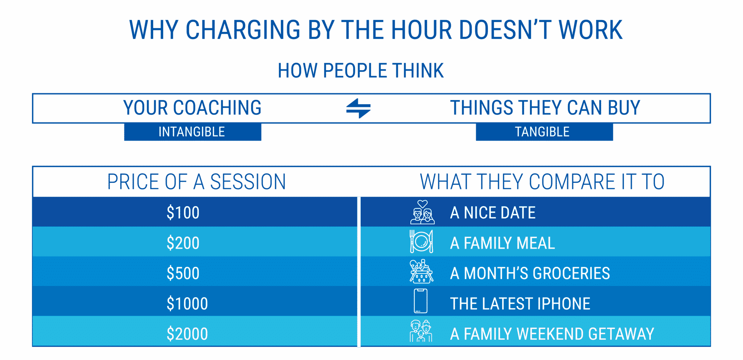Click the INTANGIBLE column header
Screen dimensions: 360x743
[192, 132]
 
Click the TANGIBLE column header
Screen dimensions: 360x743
[542, 132]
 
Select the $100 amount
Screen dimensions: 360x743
[183, 213]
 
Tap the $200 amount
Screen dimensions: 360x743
[183, 243]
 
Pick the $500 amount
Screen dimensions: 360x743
[183, 273]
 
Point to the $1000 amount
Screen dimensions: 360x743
[187, 304]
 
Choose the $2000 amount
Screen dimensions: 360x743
[187, 334]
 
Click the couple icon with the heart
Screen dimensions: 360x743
[422, 215]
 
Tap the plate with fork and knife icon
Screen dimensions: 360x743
[421, 242]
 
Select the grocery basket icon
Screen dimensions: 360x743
[421, 272]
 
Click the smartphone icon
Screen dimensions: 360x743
[420, 301]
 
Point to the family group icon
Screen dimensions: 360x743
[421, 331]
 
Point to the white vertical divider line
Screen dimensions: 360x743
[359, 272]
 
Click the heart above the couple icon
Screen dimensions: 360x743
[422, 204]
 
